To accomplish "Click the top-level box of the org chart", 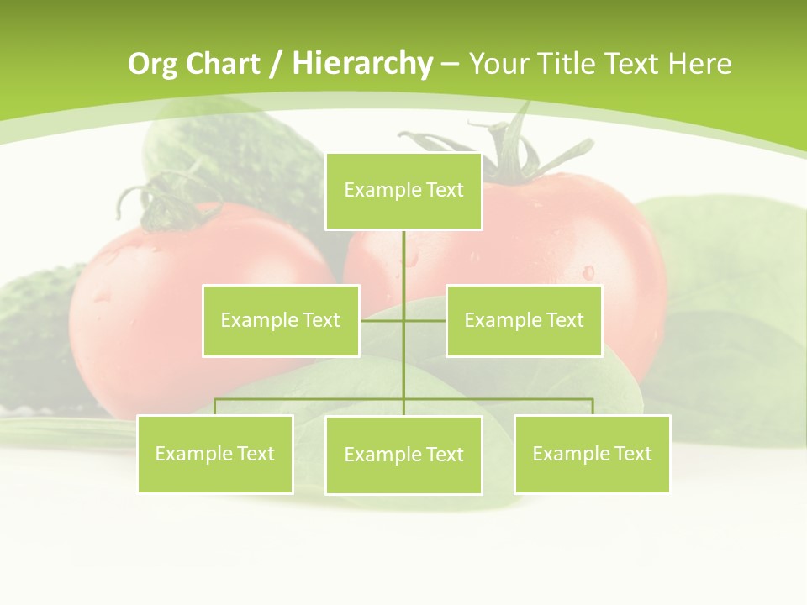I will tap(403, 191).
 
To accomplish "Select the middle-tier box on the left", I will tap(281, 320).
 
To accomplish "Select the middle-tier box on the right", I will tap(524, 320).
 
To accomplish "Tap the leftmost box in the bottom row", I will tap(215, 454).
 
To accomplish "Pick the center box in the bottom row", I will tap(403, 455).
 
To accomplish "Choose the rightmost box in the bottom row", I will tap(592, 454).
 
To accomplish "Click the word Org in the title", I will tap(151, 64).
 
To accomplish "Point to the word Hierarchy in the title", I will tap(362, 64).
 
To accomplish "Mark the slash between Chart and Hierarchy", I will tap(276, 64).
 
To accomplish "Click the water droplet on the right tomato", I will tap(588, 272).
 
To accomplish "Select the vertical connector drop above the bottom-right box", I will tap(593, 407).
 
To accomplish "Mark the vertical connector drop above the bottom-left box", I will tap(215, 407).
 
